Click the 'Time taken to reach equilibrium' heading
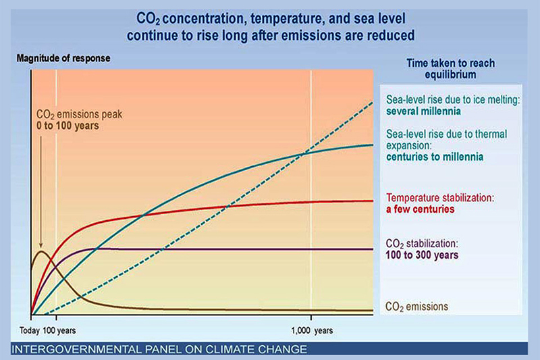(452, 68)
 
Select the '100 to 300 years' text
(422, 255)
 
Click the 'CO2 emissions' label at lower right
(416, 306)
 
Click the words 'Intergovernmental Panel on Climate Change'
(159, 349)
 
